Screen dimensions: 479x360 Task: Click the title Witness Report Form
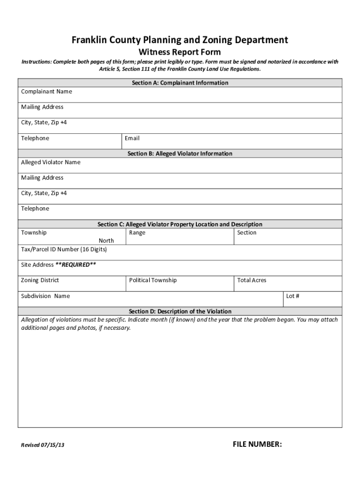point(180,52)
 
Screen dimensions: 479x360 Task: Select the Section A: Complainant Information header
point(180,83)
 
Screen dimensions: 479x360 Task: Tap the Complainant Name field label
point(46,92)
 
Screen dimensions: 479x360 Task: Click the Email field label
point(132,138)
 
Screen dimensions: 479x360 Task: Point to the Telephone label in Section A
point(35,138)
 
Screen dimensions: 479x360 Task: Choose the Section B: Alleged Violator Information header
point(180,153)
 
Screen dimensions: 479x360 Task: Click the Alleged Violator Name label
point(50,162)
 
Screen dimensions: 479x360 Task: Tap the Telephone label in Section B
point(35,209)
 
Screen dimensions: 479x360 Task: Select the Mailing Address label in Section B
point(42,178)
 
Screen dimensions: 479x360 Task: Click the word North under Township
point(106,240)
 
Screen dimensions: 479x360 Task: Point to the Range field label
point(137,233)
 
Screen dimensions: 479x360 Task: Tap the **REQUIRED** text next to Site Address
point(76,265)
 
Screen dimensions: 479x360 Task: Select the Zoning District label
point(40,280)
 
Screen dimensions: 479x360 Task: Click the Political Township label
point(153,280)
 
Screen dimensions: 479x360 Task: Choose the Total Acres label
point(252,280)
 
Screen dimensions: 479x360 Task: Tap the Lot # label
point(293,296)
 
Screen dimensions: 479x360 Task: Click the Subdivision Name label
point(45,296)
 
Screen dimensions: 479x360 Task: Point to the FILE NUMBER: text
point(257,444)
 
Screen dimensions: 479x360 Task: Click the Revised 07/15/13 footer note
point(43,445)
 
